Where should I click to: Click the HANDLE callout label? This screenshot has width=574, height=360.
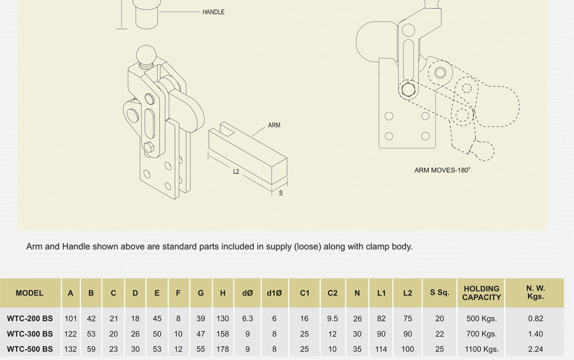214,12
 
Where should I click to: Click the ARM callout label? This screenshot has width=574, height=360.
274,125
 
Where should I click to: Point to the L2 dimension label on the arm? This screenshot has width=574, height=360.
236,172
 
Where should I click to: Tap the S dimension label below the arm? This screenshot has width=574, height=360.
281,193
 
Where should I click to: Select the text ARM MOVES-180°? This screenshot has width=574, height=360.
442,170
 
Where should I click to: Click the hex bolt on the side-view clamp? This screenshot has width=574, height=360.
409,91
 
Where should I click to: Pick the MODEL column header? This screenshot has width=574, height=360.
30,293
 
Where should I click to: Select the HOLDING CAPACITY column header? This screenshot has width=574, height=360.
481,293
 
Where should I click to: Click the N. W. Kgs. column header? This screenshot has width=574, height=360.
536,293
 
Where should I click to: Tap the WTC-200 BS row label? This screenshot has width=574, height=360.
30,319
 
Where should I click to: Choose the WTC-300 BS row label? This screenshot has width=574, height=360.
30,334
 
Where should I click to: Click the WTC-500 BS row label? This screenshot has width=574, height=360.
30,349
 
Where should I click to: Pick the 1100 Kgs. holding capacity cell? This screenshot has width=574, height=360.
481,349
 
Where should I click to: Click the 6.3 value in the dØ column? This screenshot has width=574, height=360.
248,319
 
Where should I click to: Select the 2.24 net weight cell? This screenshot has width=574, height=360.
536,349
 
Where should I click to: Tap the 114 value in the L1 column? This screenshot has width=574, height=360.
381,349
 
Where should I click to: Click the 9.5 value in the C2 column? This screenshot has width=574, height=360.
333,319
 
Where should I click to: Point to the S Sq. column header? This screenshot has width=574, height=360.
439,293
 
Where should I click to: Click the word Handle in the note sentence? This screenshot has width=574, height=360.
75,246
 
